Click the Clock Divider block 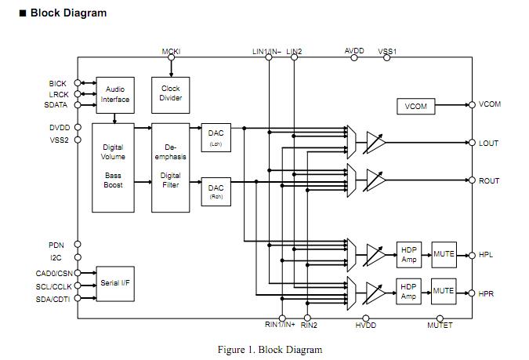click(x=170, y=95)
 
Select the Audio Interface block click(x=115, y=95)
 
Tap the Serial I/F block click(x=115, y=284)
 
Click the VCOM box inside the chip click(x=415, y=107)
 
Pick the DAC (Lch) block click(x=216, y=137)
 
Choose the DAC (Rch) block click(x=216, y=191)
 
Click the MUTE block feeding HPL click(x=444, y=255)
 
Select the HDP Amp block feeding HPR click(x=408, y=292)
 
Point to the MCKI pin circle click(x=171, y=57)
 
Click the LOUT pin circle click(x=472, y=143)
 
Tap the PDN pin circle click(x=78, y=244)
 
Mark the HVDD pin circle click(x=366, y=318)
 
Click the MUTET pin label click(x=440, y=325)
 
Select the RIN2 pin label click(x=309, y=325)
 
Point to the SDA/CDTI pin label click(x=53, y=300)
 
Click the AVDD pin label click(x=354, y=51)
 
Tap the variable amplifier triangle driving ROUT click(x=375, y=180)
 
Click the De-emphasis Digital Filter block click(x=170, y=168)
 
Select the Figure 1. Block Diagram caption click(x=270, y=350)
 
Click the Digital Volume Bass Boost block click(x=113, y=168)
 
